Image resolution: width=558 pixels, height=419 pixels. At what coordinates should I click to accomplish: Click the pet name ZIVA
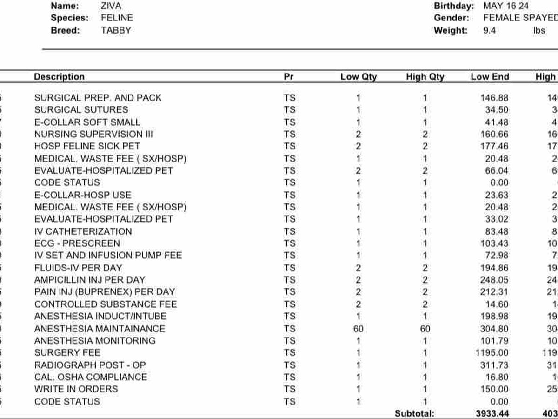(x=110, y=6)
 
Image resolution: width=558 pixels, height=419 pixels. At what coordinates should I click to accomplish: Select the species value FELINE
(x=117, y=18)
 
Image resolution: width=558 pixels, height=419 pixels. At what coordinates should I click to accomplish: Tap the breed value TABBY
(x=116, y=30)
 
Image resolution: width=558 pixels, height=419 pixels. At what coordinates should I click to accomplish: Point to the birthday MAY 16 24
(x=505, y=6)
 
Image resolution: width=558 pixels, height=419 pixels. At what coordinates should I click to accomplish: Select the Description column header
(x=59, y=77)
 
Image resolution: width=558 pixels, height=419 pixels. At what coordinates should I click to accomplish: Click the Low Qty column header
(x=359, y=77)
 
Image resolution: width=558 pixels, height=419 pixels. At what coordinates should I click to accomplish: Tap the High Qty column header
(x=425, y=77)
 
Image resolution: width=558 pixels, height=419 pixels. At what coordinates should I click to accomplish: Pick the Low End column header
(x=490, y=77)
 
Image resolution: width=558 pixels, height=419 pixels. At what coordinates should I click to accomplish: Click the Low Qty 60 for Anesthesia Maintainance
(x=358, y=329)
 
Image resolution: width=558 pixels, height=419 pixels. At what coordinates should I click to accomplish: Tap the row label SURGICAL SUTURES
(x=81, y=110)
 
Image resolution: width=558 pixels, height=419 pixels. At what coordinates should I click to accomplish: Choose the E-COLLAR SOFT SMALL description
(x=87, y=122)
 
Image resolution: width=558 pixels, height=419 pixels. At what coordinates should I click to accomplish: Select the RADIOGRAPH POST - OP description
(x=90, y=365)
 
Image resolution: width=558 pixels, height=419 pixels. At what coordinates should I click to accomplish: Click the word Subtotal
(x=414, y=413)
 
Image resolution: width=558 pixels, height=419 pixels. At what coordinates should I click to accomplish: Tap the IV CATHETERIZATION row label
(x=83, y=231)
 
